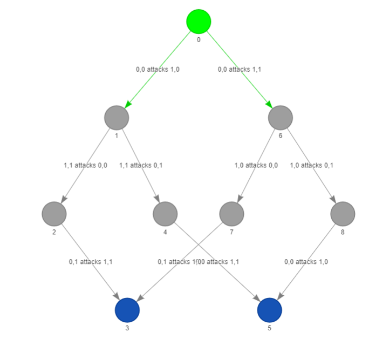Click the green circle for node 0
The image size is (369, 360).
[x=199, y=22]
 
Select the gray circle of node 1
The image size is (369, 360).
[x=117, y=118]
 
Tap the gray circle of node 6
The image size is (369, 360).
[x=281, y=118]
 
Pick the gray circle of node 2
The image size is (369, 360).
[x=54, y=214]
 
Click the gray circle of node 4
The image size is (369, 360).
[x=165, y=214]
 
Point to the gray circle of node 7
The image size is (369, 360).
[x=232, y=214]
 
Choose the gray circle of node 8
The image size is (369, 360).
[x=343, y=214]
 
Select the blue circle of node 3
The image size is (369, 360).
[x=127, y=310]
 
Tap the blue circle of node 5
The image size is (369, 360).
[x=270, y=310]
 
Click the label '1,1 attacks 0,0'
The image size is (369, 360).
[x=85, y=165]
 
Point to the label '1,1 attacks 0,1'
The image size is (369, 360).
[x=141, y=165]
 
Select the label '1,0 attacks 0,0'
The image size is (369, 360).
[x=256, y=165]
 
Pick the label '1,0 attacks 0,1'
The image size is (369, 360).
[x=311, y=165]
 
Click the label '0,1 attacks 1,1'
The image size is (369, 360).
[x=91, y=262]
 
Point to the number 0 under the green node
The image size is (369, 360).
[x=199, y=39]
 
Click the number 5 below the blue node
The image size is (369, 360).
[x=270, y=327]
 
